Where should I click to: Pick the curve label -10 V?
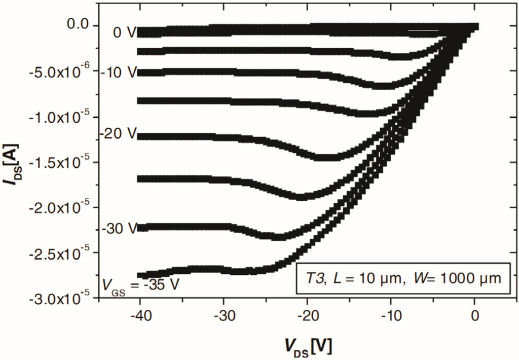(x=120, y=73)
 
